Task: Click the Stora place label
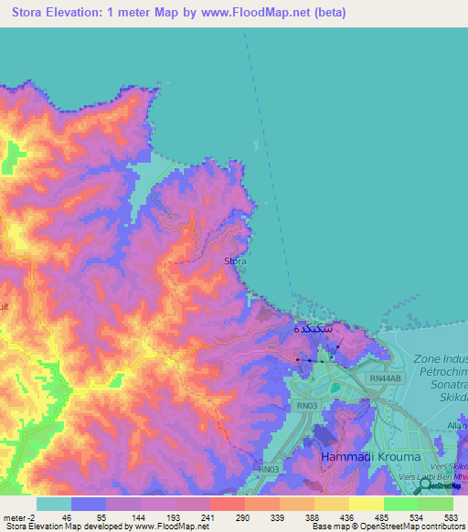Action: [235, 261]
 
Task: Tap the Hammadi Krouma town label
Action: [369, 456]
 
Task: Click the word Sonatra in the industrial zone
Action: [441, 386]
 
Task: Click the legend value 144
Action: [140, 517]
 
